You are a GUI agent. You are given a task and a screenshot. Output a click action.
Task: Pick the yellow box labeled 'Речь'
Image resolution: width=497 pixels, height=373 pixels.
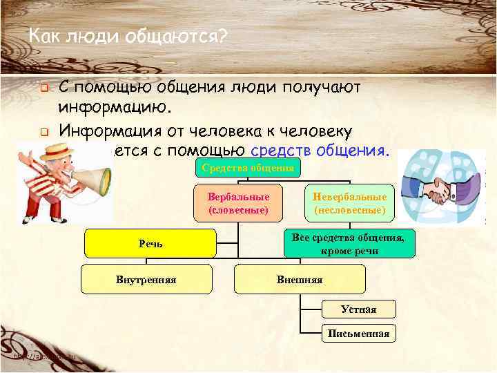pos(150,245)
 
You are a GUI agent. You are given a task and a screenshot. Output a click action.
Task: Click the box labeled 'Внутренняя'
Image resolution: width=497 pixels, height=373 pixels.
pos(146,279)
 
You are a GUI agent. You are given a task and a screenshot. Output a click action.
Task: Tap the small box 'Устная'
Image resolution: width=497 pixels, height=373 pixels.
pos(359,309)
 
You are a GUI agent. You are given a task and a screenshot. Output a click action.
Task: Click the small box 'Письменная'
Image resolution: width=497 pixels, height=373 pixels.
pos(359,334)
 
